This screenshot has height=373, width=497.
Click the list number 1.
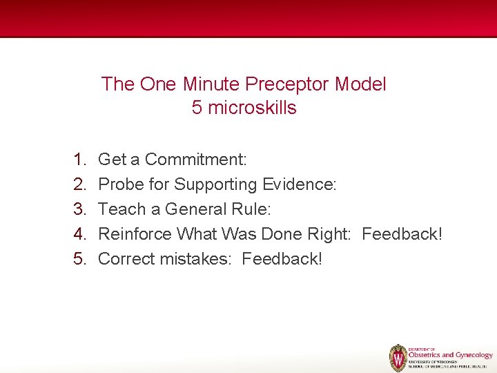pyautogui.click(x=79, y=160)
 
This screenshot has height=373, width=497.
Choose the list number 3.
pyautogui.click(x=79, y=209)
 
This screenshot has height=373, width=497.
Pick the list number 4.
pyautogui.click(x=79, y=234)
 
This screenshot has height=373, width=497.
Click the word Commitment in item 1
pyautogui.click(x=195, y=160)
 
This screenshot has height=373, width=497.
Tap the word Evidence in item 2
pyautogui.click(x=300, y=184)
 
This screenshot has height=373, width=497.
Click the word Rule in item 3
pyautogui.click(x=255, y=209)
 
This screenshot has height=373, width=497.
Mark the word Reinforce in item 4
pyautogui.click(x=135, y=234)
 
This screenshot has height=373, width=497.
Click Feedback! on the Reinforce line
pyautogui.click(x=402, y=234)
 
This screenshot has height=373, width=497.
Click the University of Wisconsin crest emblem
pyautogui.click(x=398, y=358)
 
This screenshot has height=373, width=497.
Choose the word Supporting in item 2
pyautogui.click(x=215, y=184)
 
